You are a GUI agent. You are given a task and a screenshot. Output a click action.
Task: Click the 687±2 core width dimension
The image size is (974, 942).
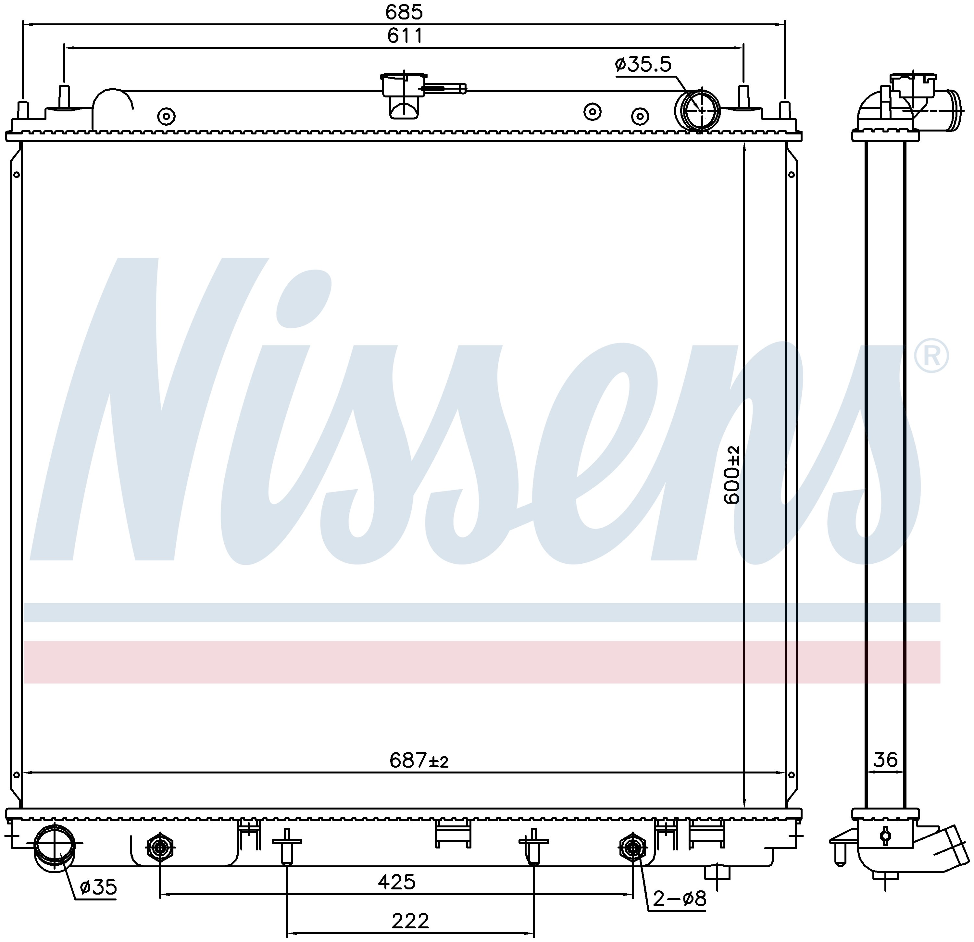pos(419,760)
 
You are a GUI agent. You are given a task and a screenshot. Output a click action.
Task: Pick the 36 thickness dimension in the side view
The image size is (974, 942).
pos(885,760)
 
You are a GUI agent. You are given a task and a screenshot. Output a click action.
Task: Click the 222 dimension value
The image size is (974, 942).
pos(410,921)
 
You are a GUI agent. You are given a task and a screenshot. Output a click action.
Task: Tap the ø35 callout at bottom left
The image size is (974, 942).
pos(98,886)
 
